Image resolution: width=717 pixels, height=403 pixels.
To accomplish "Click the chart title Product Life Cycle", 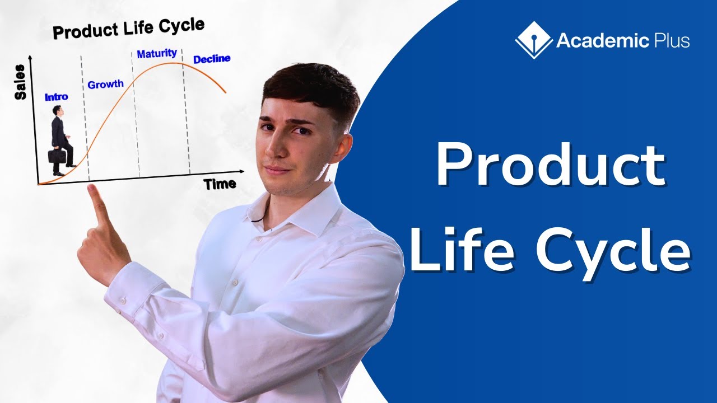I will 128,28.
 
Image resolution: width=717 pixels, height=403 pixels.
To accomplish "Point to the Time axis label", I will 220,184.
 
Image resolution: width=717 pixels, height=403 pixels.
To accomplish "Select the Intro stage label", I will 56,97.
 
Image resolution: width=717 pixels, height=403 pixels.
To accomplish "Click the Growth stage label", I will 105,85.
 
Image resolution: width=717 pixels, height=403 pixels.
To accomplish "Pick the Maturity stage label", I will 157,54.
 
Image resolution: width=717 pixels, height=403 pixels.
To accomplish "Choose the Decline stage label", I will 212,58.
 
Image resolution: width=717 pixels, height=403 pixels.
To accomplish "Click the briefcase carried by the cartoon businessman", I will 56,154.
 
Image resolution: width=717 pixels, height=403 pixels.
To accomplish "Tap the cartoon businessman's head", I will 58,110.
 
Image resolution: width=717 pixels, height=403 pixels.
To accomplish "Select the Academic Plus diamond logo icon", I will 532,40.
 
